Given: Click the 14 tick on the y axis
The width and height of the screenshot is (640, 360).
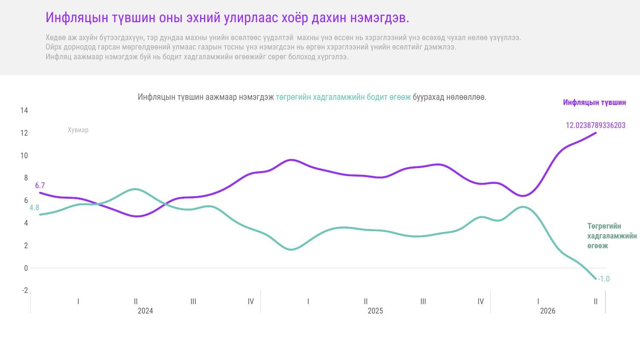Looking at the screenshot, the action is coord(24,110).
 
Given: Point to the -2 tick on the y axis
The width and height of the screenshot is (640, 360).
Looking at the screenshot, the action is coord(25,290).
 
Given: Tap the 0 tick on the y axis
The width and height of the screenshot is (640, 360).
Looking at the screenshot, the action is coord(26,268).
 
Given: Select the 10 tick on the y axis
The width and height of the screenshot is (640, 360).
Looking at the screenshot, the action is coord(24,155).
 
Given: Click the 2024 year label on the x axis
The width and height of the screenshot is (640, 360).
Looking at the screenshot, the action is coord(145,311).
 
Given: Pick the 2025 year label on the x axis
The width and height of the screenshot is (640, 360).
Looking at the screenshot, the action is coord(375,311).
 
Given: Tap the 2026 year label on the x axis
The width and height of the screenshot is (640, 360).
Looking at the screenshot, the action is coord(547,311).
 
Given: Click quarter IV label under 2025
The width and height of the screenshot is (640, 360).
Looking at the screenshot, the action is coord(480,302).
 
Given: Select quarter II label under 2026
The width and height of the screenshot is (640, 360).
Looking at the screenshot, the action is coord(596,302).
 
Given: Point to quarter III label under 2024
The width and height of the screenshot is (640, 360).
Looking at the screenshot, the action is coord(193,302).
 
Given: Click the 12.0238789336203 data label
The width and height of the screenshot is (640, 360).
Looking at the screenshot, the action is coord(596,125).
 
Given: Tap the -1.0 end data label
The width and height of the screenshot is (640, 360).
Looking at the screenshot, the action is coord(604,279).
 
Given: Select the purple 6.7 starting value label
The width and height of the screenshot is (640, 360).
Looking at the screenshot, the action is coord(40,186).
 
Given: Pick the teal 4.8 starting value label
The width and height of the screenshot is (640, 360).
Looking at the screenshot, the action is coord(34,208).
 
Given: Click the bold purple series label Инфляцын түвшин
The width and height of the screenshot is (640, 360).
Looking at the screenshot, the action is coord(594,102).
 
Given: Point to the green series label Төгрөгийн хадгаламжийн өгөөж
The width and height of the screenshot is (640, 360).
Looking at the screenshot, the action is coord(612,236).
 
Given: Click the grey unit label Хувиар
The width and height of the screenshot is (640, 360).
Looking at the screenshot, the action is coord(78,130).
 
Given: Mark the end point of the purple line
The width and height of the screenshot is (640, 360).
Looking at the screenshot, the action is coord(596,133).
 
